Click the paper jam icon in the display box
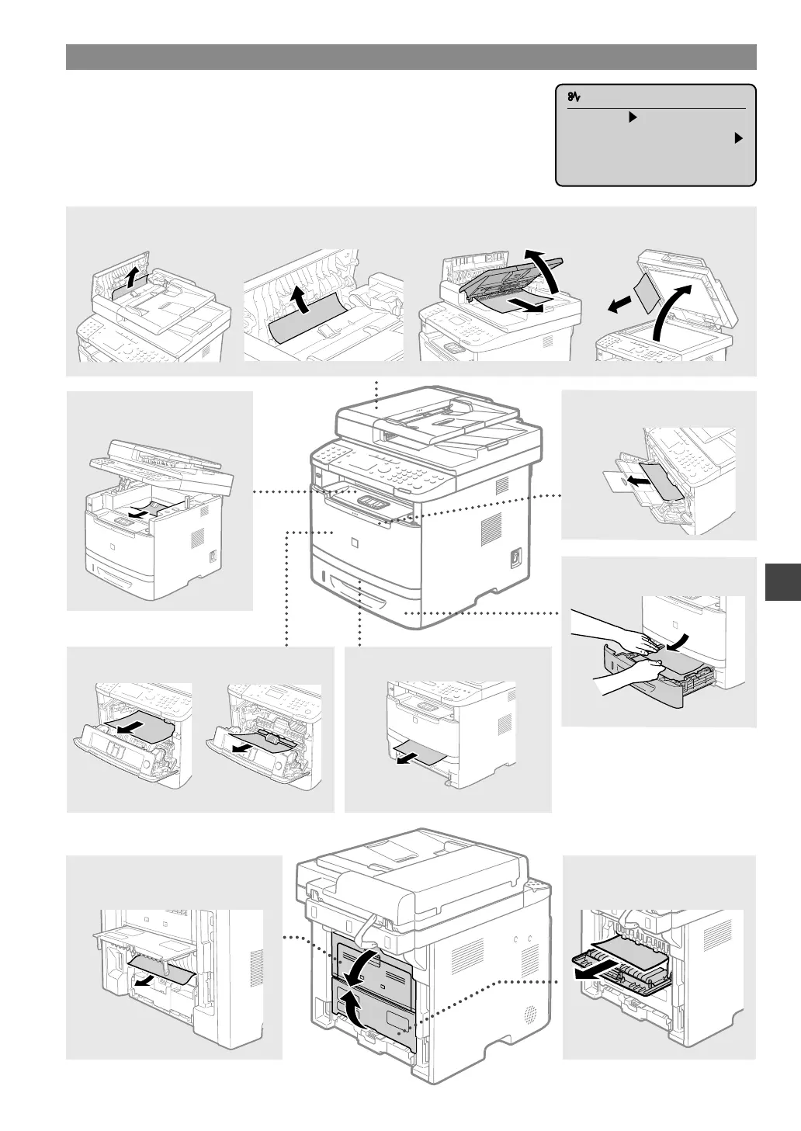tap(575, 97)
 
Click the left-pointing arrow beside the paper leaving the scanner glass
tap(618, 307)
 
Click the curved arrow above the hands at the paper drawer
tap(677, 640)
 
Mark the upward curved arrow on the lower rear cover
tap(350, 1008)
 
